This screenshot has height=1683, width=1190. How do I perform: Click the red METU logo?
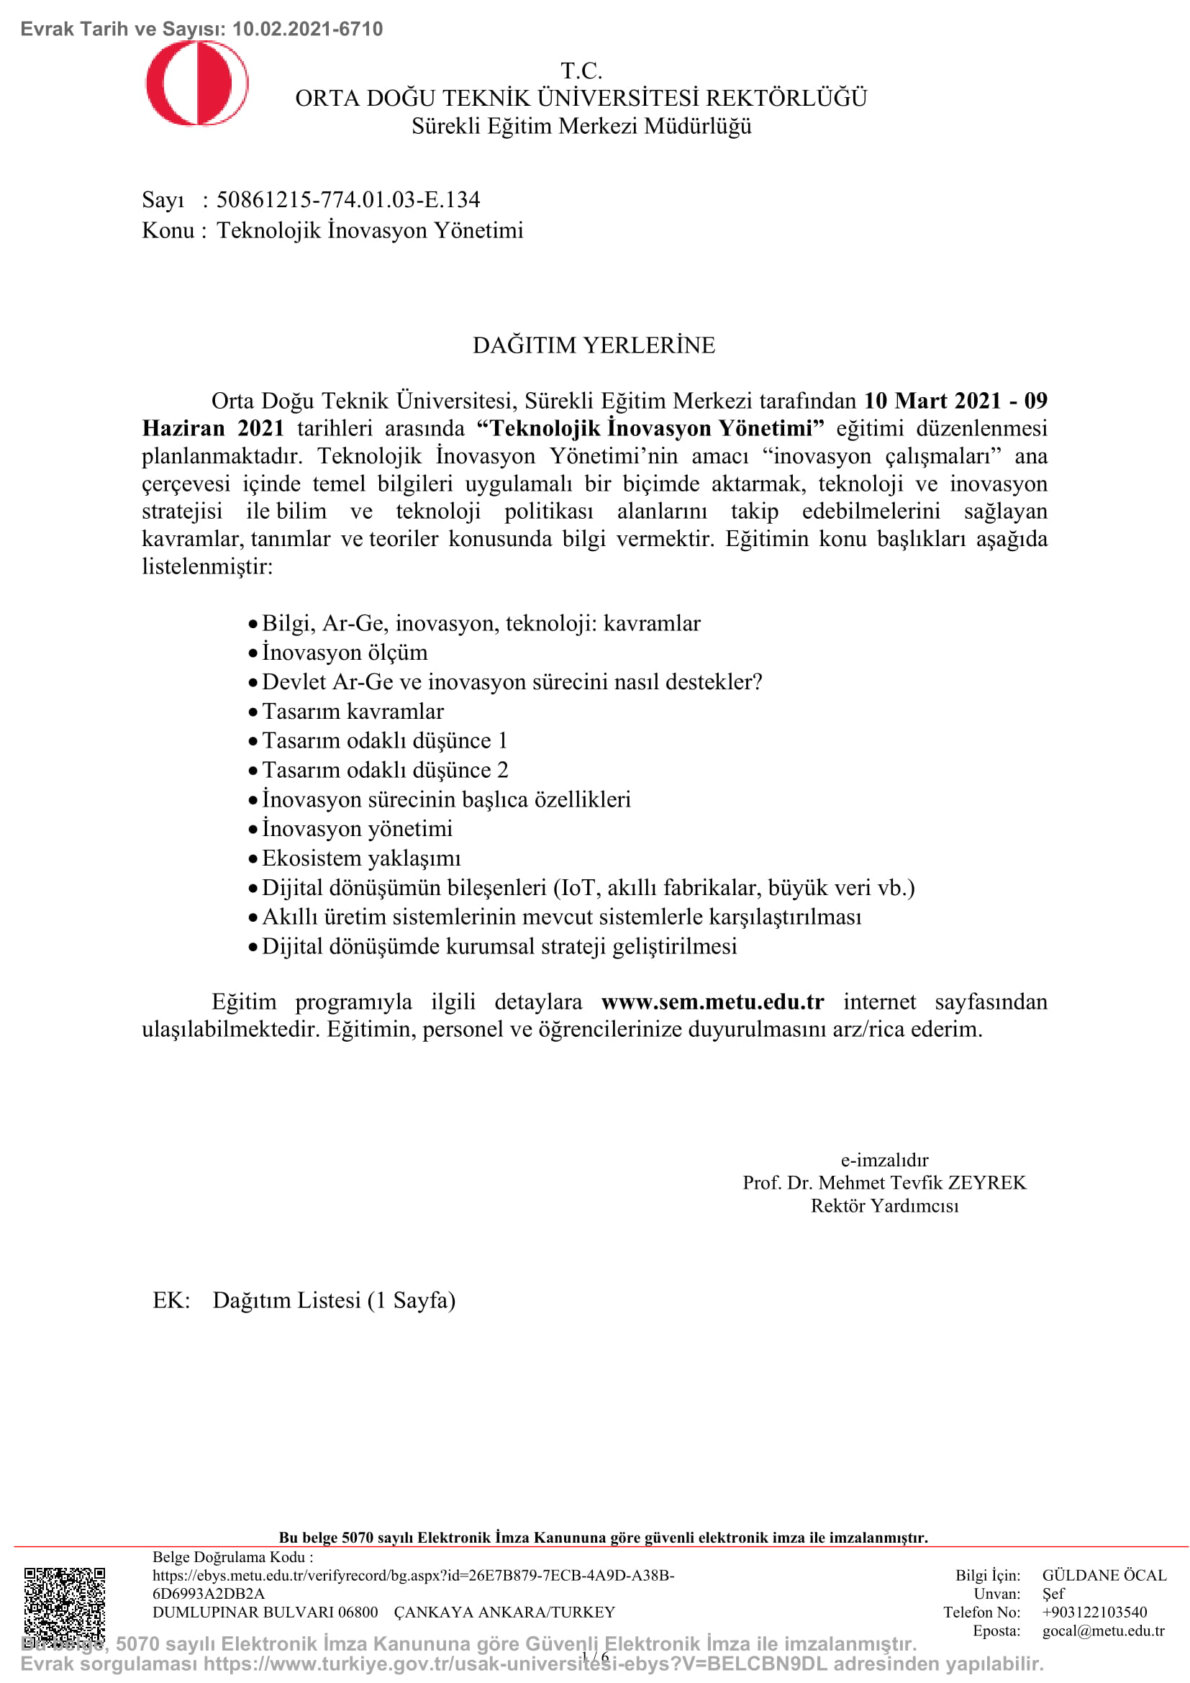click(196, 83)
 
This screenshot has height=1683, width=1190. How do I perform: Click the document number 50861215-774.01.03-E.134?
click(348, 199)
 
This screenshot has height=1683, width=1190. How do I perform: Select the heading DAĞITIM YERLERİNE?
click(594, 345)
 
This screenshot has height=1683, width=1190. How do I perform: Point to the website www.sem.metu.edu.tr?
click(712, 1002)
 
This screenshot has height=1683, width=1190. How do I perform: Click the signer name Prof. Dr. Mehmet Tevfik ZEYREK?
click(884, 1182)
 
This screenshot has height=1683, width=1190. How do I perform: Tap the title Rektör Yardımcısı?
click(884, 1206)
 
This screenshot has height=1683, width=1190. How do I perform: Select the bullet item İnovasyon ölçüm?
click(345, 653)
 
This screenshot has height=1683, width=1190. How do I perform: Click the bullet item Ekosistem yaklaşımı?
click(361, 858)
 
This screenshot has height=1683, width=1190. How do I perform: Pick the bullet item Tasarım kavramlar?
click(353, 711)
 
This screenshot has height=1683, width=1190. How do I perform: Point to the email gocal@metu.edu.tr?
click(1103, 1630)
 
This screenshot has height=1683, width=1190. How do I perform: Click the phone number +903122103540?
click(1094, 1612)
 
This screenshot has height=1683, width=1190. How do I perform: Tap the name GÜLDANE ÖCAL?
click(1104, 1575)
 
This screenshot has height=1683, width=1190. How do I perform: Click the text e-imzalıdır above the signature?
click(884, 1160)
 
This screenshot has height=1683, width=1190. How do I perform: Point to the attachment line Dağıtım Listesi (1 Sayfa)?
click(334, 1299)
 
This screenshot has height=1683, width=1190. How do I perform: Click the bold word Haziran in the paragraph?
click(183, 428)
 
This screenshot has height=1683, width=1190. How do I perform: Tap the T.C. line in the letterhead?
click(581, 71)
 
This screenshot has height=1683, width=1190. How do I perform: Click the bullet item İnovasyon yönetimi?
click(357, 829)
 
